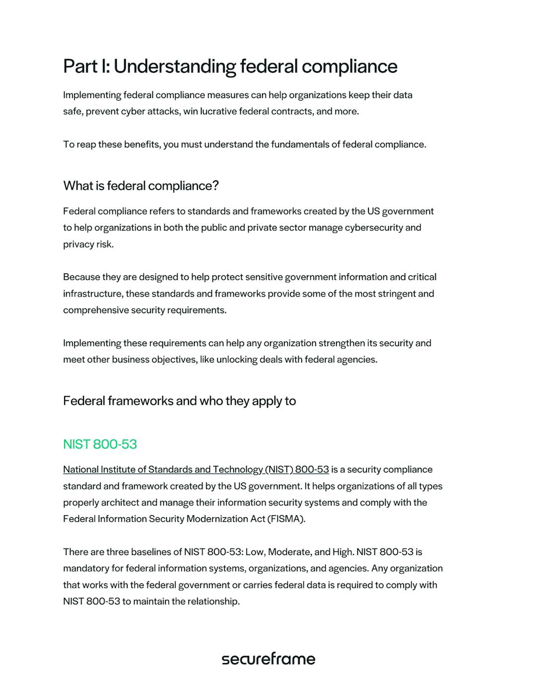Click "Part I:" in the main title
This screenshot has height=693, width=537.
click(86, 67)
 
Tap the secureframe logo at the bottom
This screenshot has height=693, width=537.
click(268, 659)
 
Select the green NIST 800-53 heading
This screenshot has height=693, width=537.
click(100, 444)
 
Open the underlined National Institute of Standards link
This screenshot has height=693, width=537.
click(196, 469)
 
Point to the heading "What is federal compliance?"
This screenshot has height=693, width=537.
click(141, 186)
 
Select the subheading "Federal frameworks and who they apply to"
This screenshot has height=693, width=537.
click(179, 401)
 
